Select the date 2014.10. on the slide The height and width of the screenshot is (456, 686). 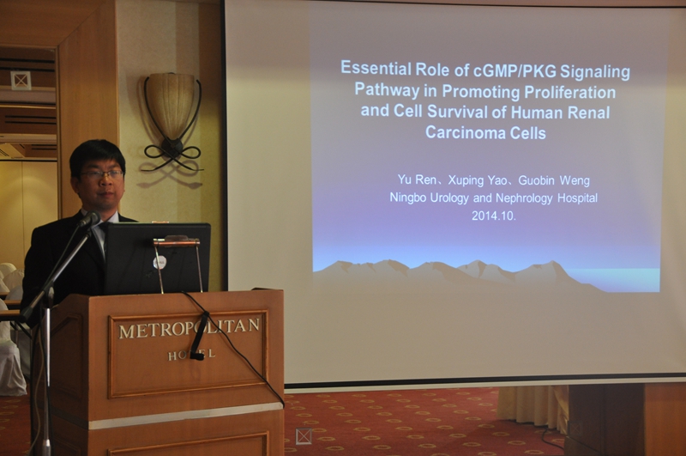494,216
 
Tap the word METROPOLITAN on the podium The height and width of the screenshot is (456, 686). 189,329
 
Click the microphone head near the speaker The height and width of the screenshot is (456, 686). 90,219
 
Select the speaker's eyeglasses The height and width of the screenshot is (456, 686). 101,175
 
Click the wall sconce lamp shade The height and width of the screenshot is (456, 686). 170,103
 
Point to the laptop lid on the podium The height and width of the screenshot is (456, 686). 158,258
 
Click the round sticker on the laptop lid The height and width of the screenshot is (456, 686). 159,262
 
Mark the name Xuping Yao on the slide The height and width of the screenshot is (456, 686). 478,180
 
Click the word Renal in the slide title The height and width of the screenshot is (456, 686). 589,112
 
